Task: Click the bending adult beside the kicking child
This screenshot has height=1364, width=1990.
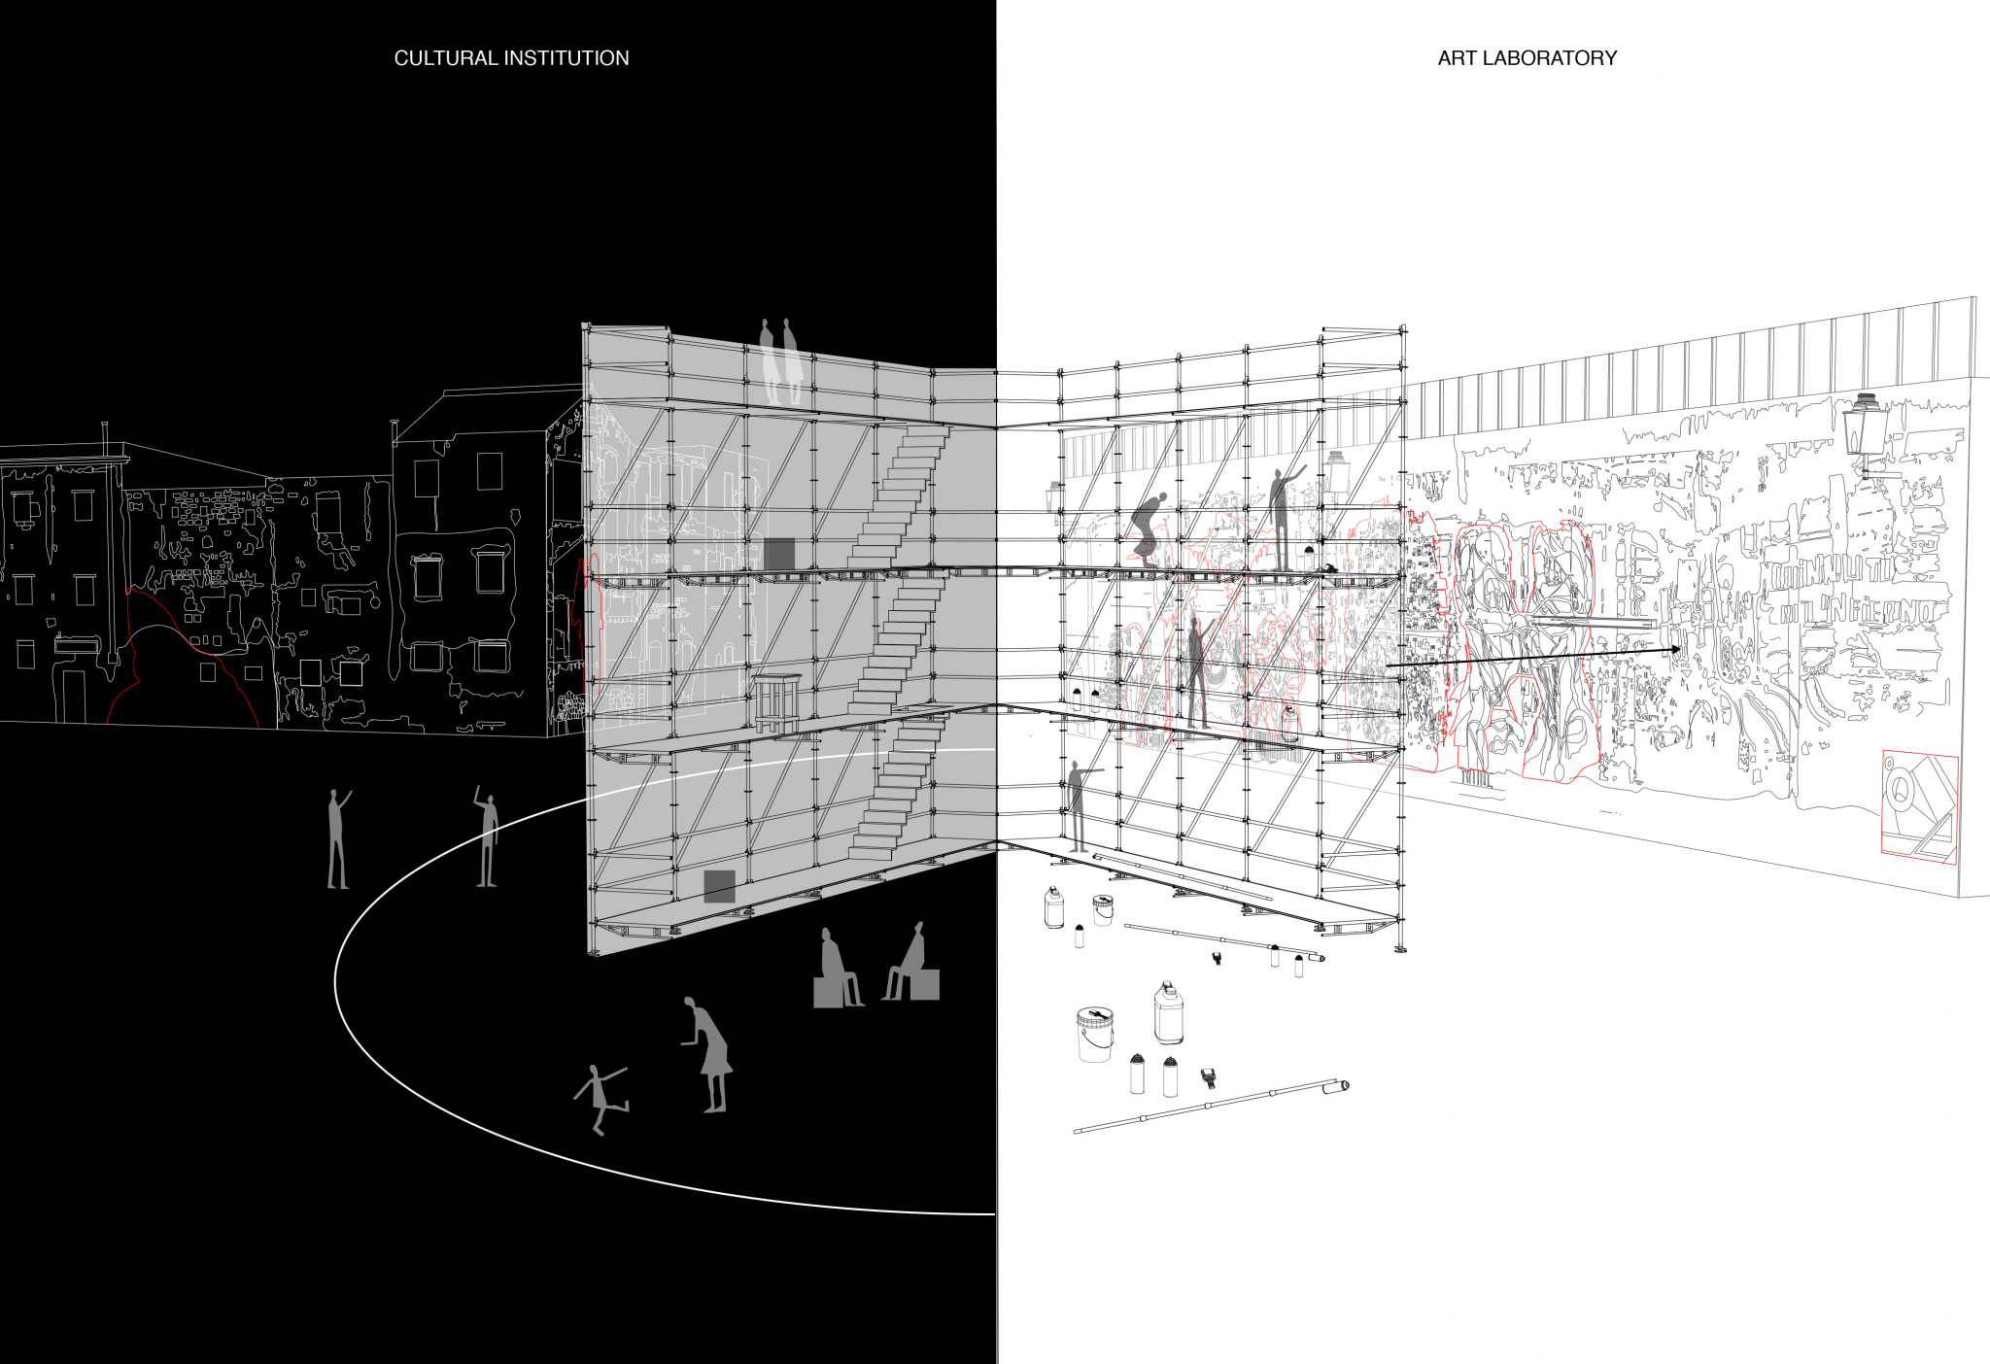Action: coord(710,1054)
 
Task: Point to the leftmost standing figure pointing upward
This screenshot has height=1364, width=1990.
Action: coord(337,838)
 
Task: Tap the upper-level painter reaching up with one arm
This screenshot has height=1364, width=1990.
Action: coord(1284,515)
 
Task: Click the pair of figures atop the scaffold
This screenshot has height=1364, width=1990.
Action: coord(781,361)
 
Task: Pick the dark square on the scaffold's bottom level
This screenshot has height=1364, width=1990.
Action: coord(719,886)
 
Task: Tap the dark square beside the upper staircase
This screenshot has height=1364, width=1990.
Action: coord(778,554)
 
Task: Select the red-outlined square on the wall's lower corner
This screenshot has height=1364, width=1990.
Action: coord(1919,805)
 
